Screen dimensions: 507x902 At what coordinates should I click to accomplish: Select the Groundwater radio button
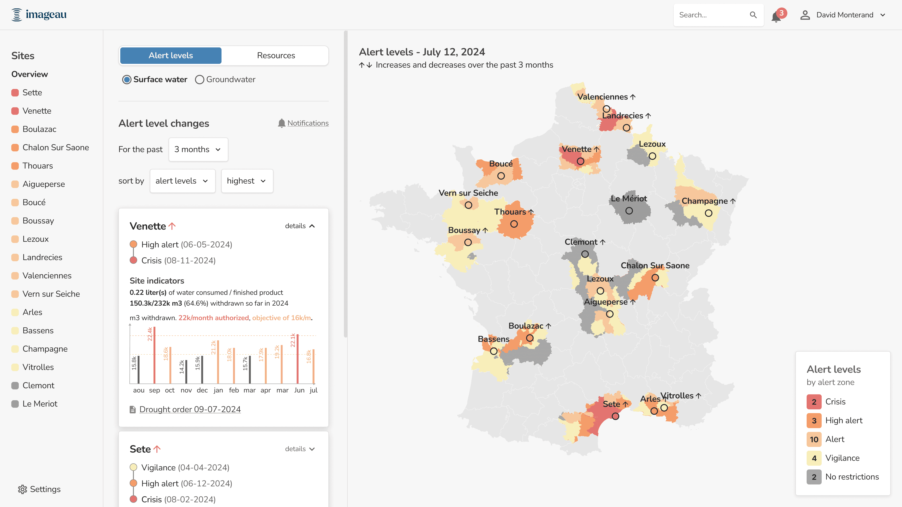click(x=200, y=79)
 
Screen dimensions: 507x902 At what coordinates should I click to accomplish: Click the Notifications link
click(x=308, y=123)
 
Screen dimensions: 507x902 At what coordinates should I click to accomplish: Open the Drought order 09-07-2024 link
click(x=190, y=409)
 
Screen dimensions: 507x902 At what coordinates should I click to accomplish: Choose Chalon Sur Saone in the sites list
click(x=56, y=147)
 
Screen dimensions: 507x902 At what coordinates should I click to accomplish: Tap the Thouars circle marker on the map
click(x=514, y=224)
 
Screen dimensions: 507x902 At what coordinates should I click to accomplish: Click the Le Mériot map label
click(x=629, y=198)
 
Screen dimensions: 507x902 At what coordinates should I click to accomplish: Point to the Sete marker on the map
click(x=615, y=416)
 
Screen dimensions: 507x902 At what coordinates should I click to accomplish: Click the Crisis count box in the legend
click(x=814, y=402)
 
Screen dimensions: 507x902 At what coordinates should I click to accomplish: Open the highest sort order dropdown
click(x=247, y=181)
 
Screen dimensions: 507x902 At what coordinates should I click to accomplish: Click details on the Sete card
click(x=300, y=449)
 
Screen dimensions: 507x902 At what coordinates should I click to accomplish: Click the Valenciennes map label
click(x=602, y=96)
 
